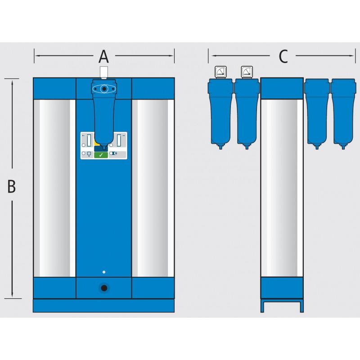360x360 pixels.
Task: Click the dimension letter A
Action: pos(104,57)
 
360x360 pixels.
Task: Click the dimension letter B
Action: pos(12,186)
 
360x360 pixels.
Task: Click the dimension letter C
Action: pos(283,57)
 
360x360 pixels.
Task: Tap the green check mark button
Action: pos(101,155)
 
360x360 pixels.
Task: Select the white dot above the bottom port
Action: pos(104,272)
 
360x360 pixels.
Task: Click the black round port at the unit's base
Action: pos(104,288)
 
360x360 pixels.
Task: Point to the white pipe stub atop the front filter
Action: pos(104,72)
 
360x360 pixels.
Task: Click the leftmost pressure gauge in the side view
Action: pos(220,72)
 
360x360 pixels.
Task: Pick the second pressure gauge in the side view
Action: pos(247,72)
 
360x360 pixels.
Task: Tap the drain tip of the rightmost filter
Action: pos(343,147)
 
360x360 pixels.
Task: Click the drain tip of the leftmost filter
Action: pos(220,147)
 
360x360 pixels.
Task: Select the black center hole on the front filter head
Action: pos(104,89)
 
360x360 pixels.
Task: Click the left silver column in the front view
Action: pos(54,188)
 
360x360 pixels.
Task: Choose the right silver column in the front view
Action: pos(153,188)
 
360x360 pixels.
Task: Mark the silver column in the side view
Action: pos(282,188)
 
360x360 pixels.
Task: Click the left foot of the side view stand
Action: pos(262,307)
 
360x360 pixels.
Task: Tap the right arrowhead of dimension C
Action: pos(354,56)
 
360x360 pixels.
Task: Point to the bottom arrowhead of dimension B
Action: pos(12,295)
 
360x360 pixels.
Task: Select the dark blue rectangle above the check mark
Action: pos(101,148)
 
